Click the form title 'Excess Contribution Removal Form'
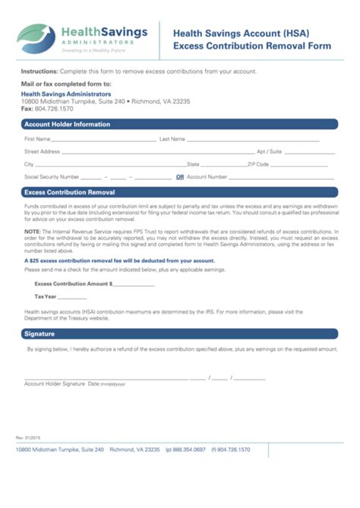(252, 46)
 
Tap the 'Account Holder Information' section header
(68, 124)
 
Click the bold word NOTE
(32, 230)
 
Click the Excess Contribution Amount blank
(134, 285)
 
